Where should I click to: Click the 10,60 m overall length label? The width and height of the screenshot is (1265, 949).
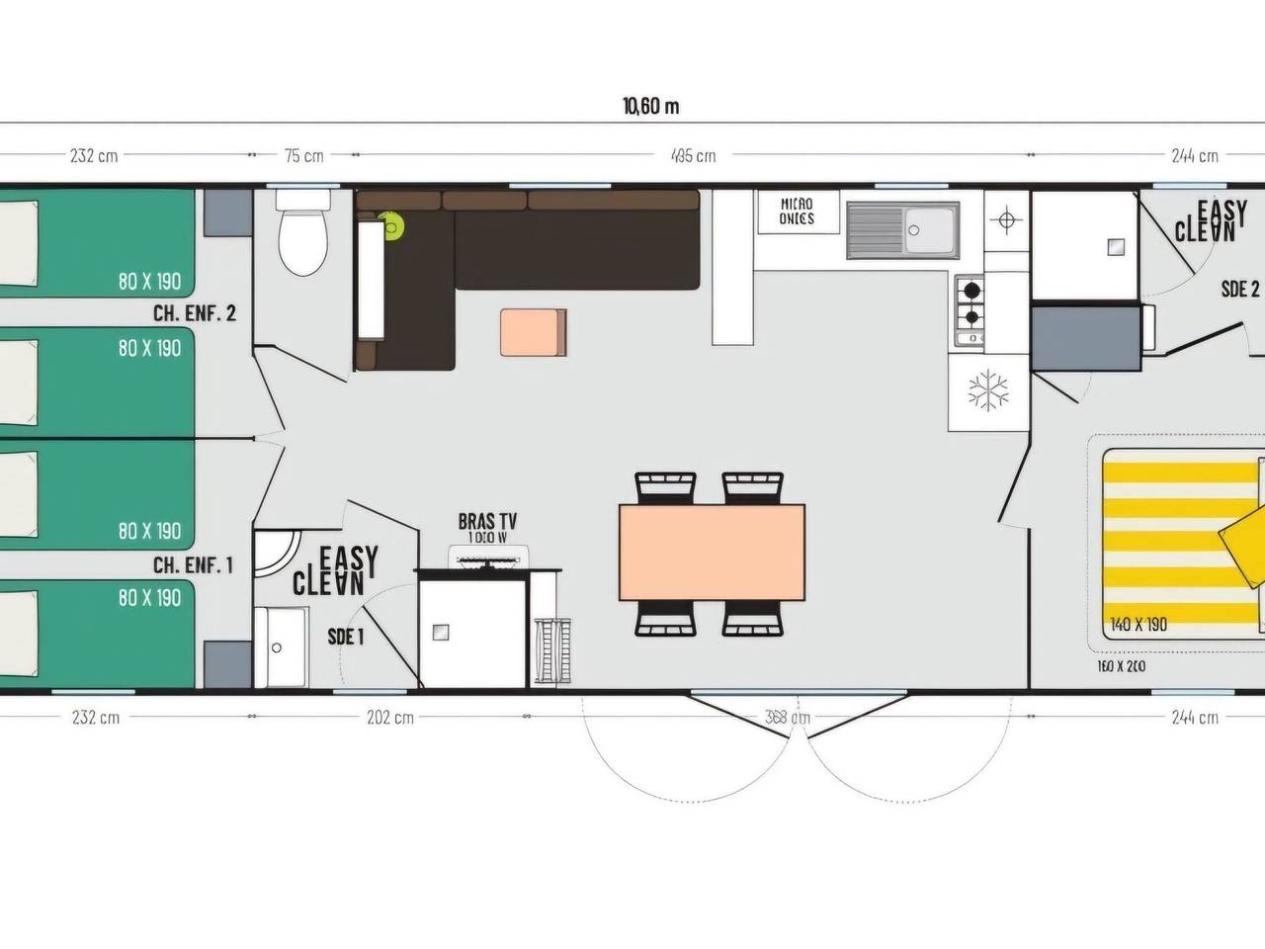[x=650, y=107]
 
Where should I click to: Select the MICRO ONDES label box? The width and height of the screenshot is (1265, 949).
[x=797, y=212]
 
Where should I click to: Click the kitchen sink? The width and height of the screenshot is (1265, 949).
[x=901, y=230]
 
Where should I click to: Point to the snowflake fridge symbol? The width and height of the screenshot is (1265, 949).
[x=987, y=390]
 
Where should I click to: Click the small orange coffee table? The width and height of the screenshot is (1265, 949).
[x=533, y=332]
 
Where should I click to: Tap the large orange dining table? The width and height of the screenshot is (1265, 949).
[x=712, y=552]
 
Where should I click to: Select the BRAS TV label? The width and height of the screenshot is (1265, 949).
[x=487, y=522]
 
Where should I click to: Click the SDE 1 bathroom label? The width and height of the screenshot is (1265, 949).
[x=346, y=637]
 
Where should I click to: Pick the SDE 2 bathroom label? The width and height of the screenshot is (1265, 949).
[x=1240, y=289]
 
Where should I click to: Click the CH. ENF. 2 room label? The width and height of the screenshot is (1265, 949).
[x=194, y=313]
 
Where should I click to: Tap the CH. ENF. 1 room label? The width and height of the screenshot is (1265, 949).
[x=193, y=565]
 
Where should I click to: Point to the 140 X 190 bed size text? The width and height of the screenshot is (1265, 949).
[x=1138, y=625]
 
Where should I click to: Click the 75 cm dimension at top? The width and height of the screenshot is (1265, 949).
[x=303, y=155]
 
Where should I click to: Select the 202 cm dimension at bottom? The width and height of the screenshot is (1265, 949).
[x=390, y=717]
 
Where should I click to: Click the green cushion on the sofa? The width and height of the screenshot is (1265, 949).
[x=393, y=227]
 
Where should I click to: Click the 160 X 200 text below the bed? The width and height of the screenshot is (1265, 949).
[x=1121, y=666]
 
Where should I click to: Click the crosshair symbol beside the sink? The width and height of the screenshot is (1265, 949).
[x=1006, y=219]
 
